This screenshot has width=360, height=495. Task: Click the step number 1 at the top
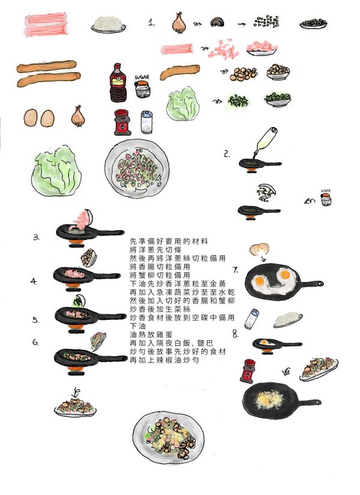(x=152, y=23)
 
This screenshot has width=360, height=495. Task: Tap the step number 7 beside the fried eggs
(x=235, y=269)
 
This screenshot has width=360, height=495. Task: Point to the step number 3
(x=36, y=238)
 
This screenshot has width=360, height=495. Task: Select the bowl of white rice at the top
(x=109, y=25)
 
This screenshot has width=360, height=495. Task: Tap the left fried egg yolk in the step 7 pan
(x=260, y=280)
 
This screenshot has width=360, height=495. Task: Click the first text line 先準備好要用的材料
(x=169, y=241)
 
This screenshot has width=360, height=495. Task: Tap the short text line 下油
(x=137, y=325)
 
